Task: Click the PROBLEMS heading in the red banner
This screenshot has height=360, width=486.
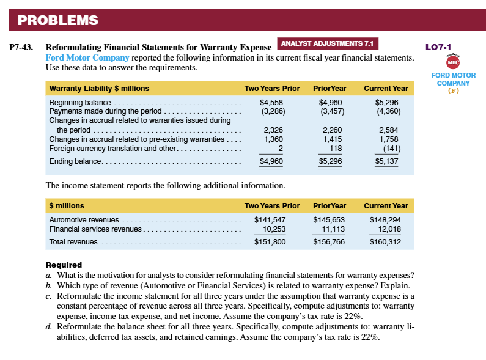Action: click(x=58, y=20)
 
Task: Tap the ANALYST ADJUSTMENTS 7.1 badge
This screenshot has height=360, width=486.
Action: click(x=328, y=43)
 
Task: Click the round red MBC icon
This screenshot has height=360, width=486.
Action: click(x=453, y=62)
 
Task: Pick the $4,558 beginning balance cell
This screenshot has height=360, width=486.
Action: click(x=271, y=103)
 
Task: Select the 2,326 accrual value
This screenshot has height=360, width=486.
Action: click(x=273, y=130)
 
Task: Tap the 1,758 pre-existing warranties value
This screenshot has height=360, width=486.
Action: click(x=388, y=139)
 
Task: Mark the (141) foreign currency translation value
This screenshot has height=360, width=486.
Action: click(x=389, y=149)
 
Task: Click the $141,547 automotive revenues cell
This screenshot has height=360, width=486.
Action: click(x=268, y=219)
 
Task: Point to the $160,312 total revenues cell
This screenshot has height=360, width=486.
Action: click(x=386, y=242)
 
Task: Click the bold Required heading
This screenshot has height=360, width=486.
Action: click(x=64, y=265)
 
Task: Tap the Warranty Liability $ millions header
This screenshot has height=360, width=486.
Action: click(x=99, y=89)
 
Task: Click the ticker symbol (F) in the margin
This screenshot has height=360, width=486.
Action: click(x=453, y=90)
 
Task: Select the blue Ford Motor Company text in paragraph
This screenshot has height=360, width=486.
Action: click(x=87, y=57)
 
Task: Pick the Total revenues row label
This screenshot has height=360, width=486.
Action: click(x=73, y=242)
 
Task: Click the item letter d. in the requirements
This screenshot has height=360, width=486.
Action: click(x=49, y=327)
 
